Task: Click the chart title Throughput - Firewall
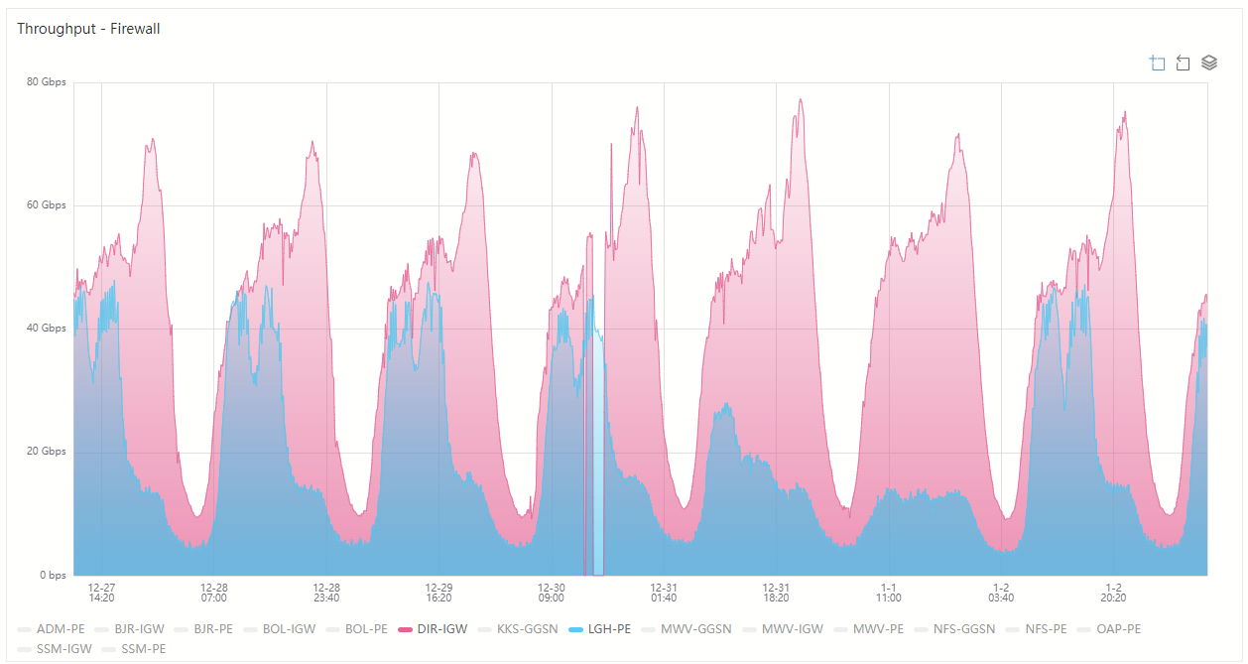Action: coord(88,29)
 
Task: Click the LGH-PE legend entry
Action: coord(599,629)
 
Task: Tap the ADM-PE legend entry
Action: coord(51,629)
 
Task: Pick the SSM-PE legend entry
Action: coord(133,649)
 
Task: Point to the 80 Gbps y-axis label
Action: coord(47,82)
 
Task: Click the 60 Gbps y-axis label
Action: coord(47,205)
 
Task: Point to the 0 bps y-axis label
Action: coord(52,575)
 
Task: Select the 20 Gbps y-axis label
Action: coord(47,452)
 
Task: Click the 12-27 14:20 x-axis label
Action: coord(101,593)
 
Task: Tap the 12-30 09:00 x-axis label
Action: coord(552,593)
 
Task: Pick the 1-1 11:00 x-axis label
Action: coord(889,593)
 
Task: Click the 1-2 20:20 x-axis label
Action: coord(1113,593)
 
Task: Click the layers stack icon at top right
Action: coord(1209,63)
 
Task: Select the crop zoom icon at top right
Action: coord(1157,64)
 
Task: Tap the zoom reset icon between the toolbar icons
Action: coord(1183,64)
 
